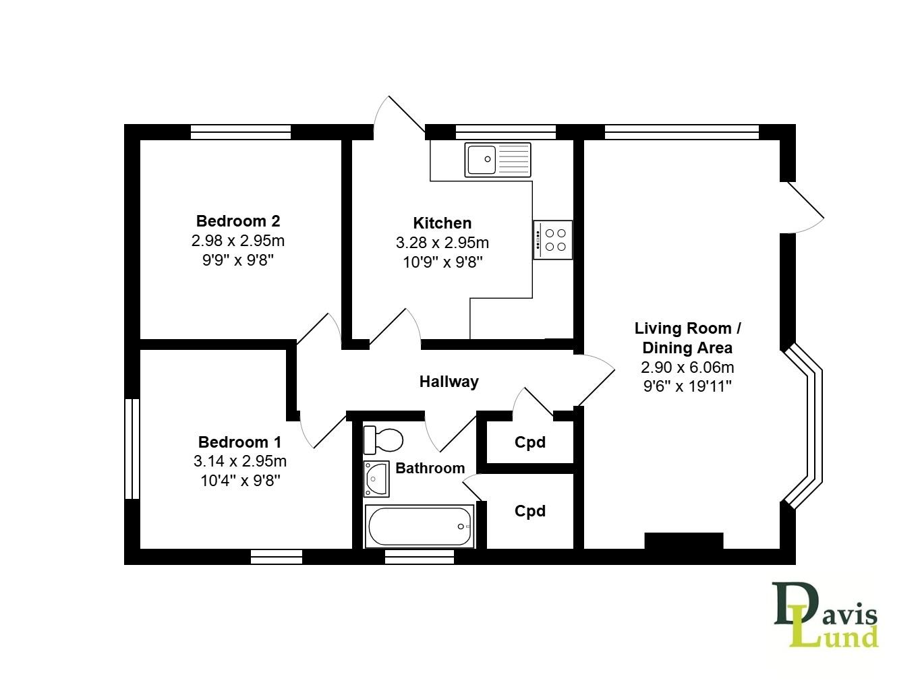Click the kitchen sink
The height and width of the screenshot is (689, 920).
tap(497, 160)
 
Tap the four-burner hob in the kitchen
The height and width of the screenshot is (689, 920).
tap(553, 239)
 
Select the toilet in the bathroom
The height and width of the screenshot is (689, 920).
tap(383, 440)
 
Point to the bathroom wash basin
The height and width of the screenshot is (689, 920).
tap(376, 479)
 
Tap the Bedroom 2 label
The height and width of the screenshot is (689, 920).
tap(238, 220)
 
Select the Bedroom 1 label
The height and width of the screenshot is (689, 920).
tap(239, 442)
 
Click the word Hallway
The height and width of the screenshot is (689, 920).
tap(449, 382)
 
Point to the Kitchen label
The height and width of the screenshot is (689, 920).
tap(442, 222)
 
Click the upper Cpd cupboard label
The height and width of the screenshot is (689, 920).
tap(529, 442)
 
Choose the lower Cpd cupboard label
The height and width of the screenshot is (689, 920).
tap(529, 511)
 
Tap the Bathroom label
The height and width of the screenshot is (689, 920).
tap(430, 468)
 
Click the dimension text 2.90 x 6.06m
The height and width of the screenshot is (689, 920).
tap(687, 367)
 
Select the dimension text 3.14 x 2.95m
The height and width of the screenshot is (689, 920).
tap(239, 461)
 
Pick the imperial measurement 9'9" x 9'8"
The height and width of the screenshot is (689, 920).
tap(238, 260)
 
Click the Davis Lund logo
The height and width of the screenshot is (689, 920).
tap(826, 615)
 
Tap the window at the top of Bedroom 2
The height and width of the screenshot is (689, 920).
tap(240, 132)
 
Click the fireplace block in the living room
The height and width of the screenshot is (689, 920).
tap(683, 541)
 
